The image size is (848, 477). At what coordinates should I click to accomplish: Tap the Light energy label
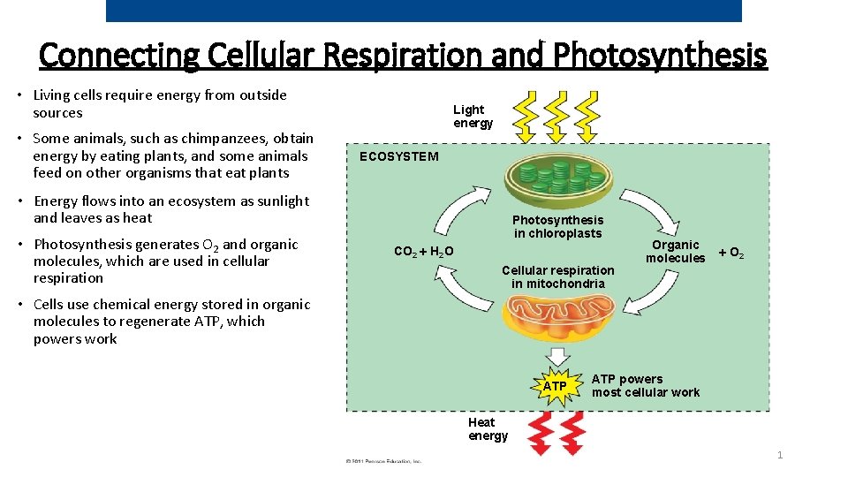click(x=473, y=117)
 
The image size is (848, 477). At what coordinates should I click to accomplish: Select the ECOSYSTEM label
click(x=397, y=156)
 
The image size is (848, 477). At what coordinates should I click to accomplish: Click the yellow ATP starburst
click(x=555, y=386)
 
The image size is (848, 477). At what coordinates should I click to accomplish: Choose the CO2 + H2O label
click(x=423, y=252)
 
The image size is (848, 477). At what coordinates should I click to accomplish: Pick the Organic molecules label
click(x=675, y=252)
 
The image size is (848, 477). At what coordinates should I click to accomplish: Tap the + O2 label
click(x=731, y=253)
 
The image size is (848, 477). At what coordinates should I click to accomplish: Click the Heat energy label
click(x=488, y=429)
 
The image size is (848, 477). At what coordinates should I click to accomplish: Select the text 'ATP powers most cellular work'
click(x=645, y=386)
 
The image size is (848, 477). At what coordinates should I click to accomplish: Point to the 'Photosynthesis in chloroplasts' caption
click(x=557, y=227)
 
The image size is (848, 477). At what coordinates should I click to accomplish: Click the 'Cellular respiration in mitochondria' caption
click(x=557, y=276)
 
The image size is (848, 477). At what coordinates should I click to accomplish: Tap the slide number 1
click(x=780, y=455)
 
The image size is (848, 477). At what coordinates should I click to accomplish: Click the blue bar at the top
click(x=424, y=11)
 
